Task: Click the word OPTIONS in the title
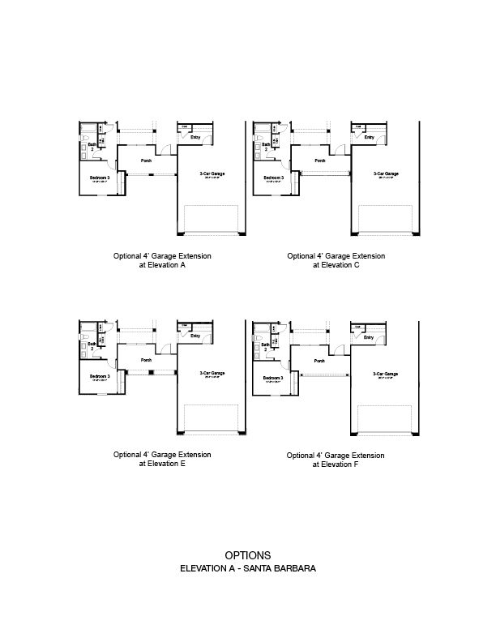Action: coord(248,555)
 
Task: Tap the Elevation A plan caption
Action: coord(162,260)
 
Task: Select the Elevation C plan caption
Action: coord(336,260)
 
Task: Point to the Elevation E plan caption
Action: coord(162,460)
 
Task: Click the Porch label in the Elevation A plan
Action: coord(147,160)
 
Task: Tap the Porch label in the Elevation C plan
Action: coord(320,160)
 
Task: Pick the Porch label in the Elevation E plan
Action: coord(147,360)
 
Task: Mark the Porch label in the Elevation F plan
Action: coord(320,361)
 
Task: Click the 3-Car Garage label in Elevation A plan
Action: coord(212,173)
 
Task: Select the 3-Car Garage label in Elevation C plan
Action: coord(386,173)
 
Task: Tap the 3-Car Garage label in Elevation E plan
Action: coord(212,373)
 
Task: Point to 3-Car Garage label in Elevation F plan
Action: coord(386,374)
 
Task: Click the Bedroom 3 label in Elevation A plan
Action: coord(100,177)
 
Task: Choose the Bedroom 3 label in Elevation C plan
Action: coord(273,177)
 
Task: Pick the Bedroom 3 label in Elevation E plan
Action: coord(100,376)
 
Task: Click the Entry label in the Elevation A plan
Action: coord(195,137)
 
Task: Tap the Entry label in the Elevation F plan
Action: coord(369,337)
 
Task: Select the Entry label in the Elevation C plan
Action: coord(369,137)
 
